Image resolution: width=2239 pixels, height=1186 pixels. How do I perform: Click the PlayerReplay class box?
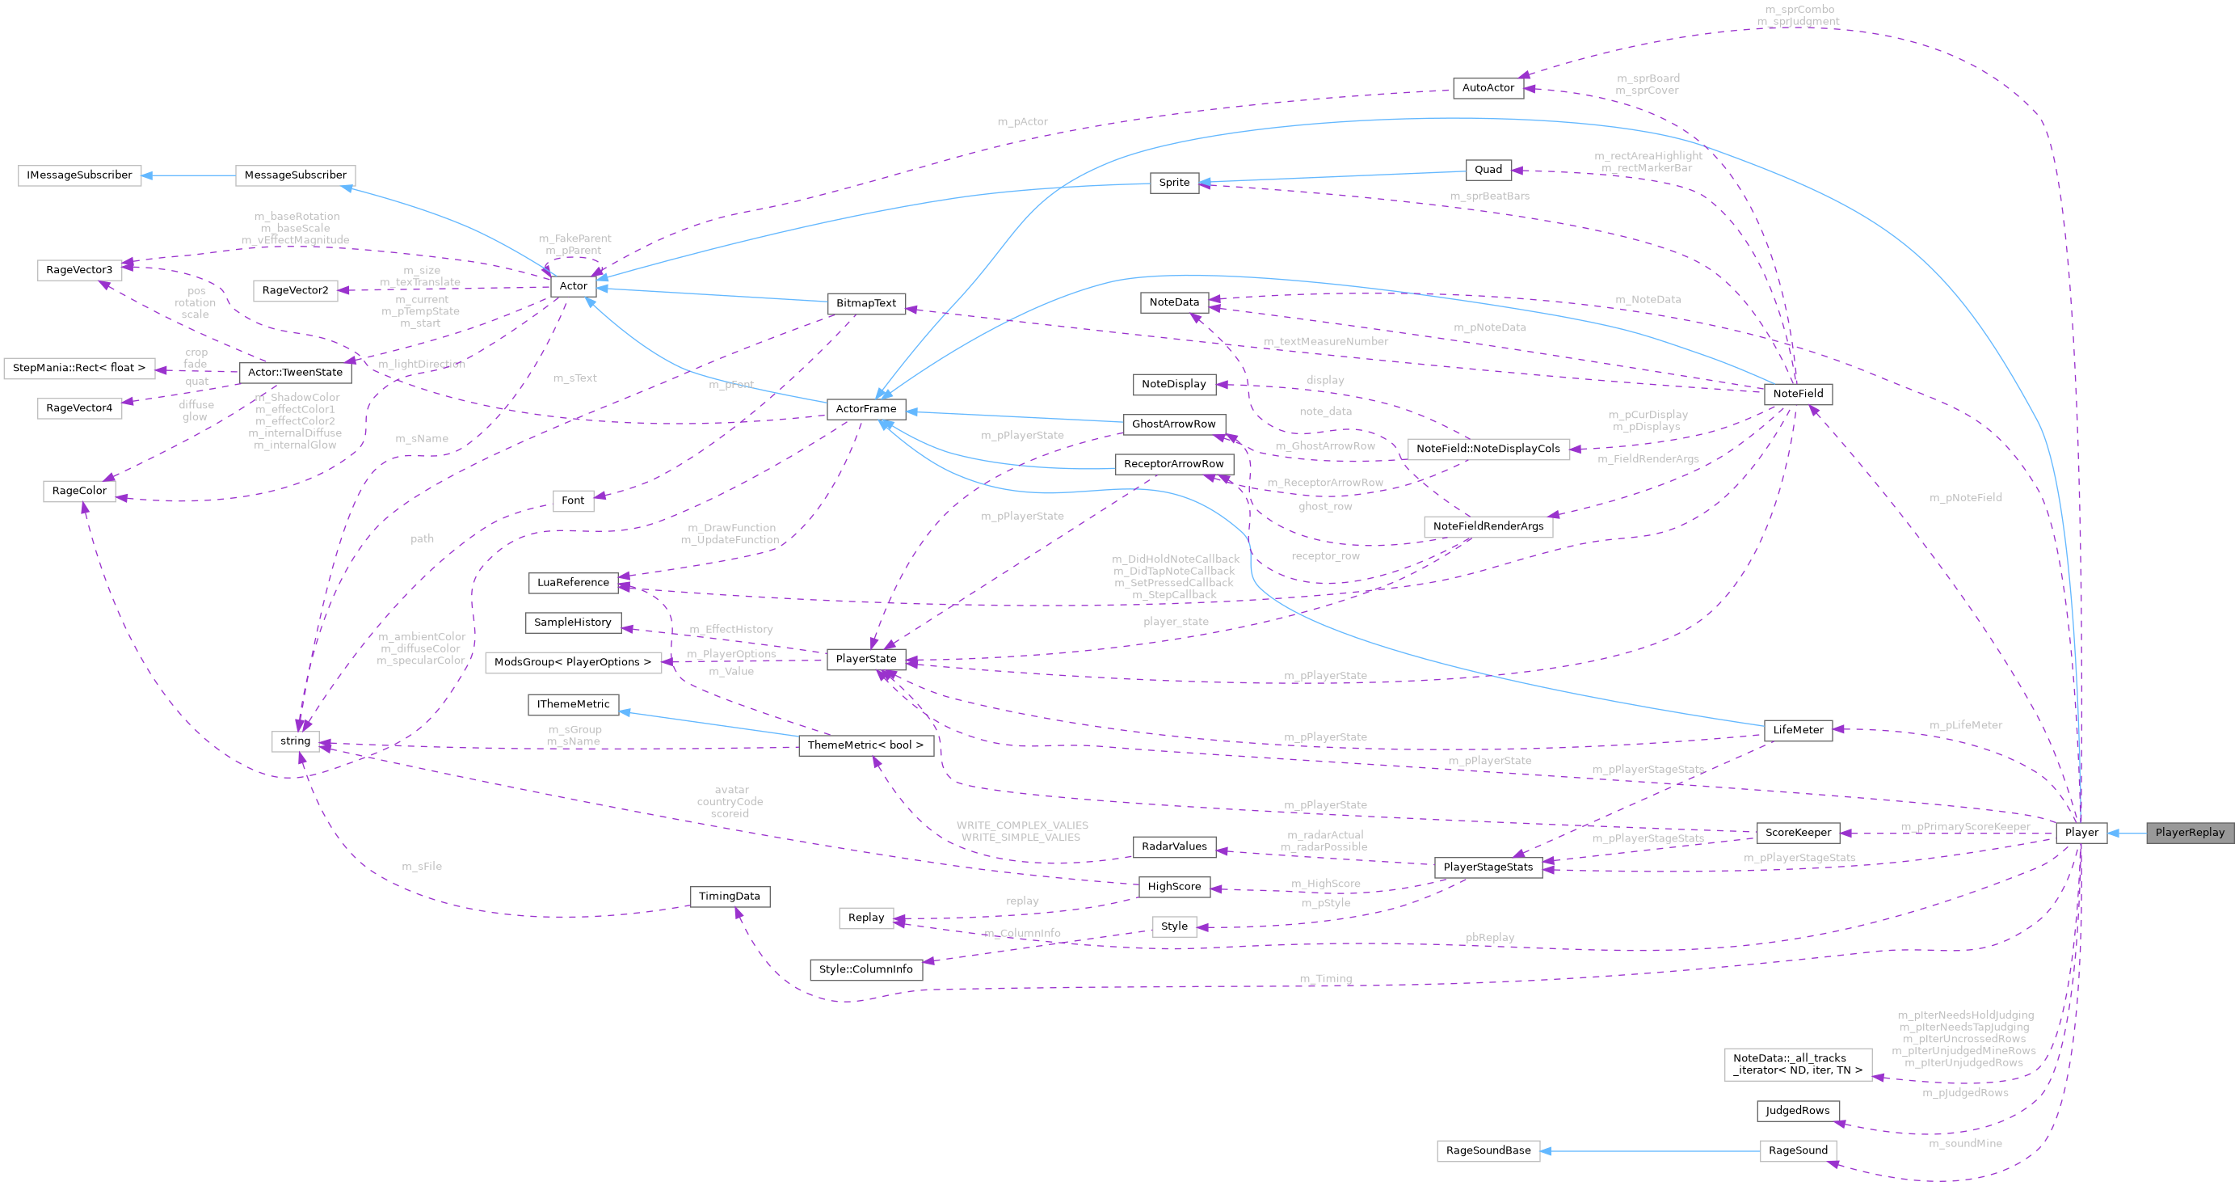[2190, 832]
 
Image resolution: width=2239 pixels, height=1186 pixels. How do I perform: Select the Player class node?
[2081, 832]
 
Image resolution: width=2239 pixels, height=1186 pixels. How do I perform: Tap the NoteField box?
[1798, 393]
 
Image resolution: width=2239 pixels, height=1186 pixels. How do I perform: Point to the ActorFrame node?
[865, 408]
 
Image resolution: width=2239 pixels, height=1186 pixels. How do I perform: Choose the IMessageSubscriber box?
[79, 175]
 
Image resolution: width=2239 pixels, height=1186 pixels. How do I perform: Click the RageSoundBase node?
[1488, 1150]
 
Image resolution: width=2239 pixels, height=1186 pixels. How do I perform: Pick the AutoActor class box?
[1488, 88]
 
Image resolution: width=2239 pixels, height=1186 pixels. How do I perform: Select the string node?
[296, 741]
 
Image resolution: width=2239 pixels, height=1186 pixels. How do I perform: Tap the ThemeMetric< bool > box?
[865, 745]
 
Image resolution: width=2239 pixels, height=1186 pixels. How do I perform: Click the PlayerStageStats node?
[1488, 867]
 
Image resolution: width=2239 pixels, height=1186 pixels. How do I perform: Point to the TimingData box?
[730, 896]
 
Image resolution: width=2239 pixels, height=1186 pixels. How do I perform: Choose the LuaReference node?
[573, 582]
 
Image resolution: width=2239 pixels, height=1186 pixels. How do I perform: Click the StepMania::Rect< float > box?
[79, 368]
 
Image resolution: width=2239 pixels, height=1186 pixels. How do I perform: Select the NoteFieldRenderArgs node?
[1488, 526]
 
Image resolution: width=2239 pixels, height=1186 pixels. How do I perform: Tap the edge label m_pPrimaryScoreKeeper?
[1965, 826]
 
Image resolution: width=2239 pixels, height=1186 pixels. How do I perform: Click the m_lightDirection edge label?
[422, 365]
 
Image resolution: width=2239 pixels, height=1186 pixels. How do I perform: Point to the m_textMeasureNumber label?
[1325, 342]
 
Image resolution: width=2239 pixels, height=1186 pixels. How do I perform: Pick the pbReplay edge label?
[1490, 937]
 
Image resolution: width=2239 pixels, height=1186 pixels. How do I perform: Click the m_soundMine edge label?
[1965, 1143]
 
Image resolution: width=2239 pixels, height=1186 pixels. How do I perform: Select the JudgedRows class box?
[1798, 1110]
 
